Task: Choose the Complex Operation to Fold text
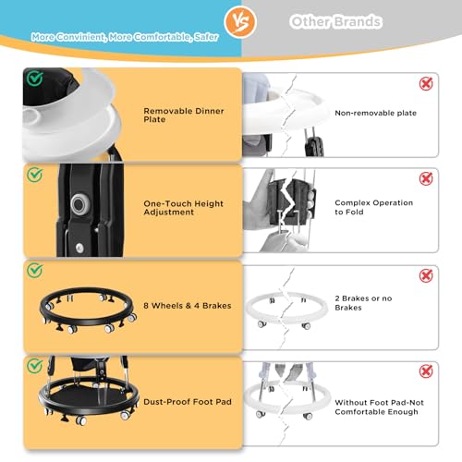coord(373,207)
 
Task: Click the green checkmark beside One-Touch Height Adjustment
coord(35,174)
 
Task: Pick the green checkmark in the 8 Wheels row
coord(35,271)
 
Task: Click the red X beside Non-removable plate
coord(426,84)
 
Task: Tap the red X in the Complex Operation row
coord(426,178)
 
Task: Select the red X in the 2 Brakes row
coord(426,275)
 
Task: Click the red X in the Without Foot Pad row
coord(426,371)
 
